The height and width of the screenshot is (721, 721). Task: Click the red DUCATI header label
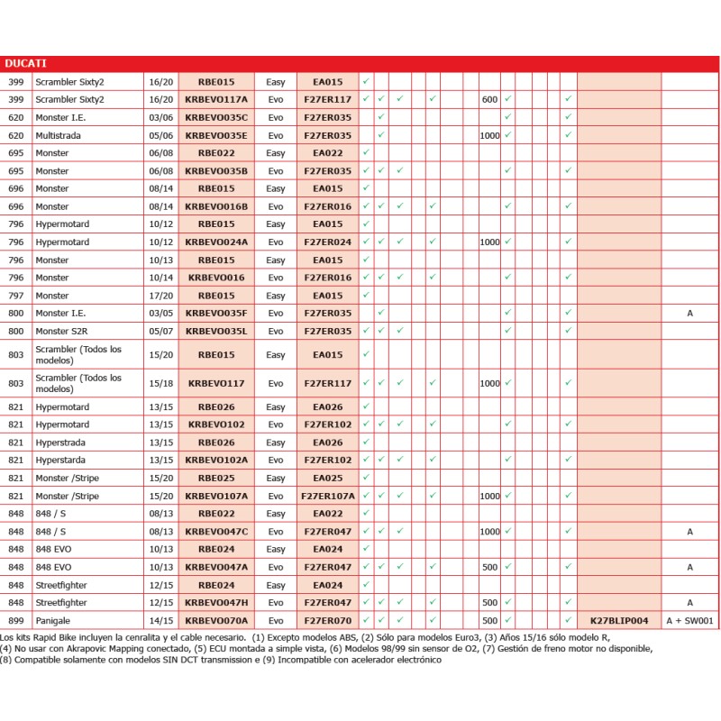[x=26, y=63]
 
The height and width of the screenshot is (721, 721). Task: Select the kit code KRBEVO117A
[x=216, y=99]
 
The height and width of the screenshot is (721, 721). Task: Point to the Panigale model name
[x=53, y=621]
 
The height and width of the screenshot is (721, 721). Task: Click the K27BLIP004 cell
[x=619, y=621]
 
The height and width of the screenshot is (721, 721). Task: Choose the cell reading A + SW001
[x=689, y=621]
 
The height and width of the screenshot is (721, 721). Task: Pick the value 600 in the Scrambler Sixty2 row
[x=489, y=99]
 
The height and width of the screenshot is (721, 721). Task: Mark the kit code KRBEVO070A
[x=216, y=621]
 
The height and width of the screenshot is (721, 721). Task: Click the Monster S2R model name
[x=62, y=331]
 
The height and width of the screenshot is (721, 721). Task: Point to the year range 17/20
[x=161, y=296]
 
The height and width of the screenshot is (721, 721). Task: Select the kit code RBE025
[x=216, y=478]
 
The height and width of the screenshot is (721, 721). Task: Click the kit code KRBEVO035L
[x=216, y=331]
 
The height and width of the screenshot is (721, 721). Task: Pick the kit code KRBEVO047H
[x=216, y=603]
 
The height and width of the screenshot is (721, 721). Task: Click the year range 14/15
[x=161, y=621]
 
